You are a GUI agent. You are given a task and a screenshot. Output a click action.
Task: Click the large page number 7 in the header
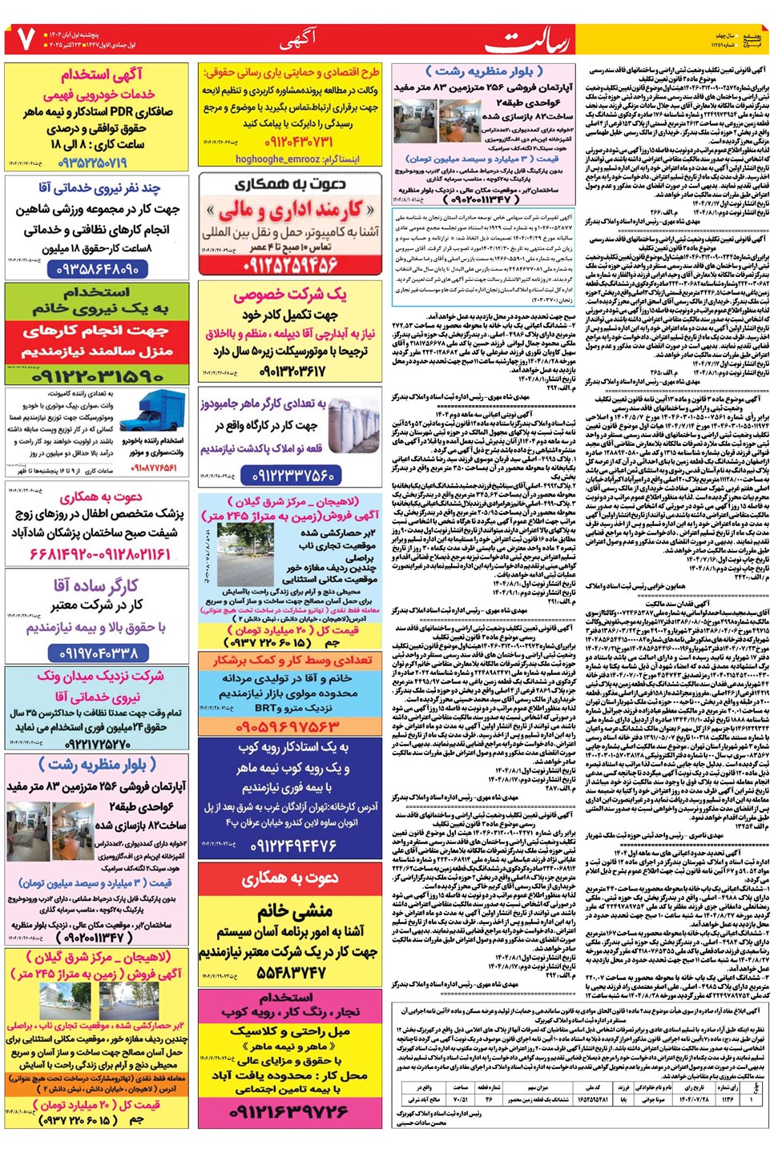26,38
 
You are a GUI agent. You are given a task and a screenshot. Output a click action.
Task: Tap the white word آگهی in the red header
298,38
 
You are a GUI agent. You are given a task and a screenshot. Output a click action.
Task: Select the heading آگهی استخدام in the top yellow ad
102,75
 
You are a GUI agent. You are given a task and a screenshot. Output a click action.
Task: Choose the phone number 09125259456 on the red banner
290,262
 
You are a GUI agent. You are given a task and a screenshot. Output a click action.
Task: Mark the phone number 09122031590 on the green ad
97,375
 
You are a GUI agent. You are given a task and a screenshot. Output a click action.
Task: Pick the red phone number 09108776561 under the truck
154,468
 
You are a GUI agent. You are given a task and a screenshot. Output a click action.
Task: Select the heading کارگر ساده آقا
96,586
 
